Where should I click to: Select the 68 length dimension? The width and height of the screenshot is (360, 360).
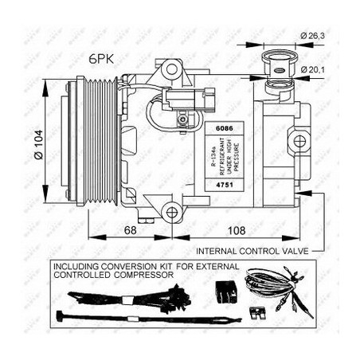(x=130, y=229)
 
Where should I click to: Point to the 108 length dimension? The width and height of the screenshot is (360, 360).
(x=232, y=229)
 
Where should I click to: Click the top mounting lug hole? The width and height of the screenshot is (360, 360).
(x=171, y=70)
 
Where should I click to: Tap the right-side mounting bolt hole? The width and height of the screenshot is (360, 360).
(x=299, y=142)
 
